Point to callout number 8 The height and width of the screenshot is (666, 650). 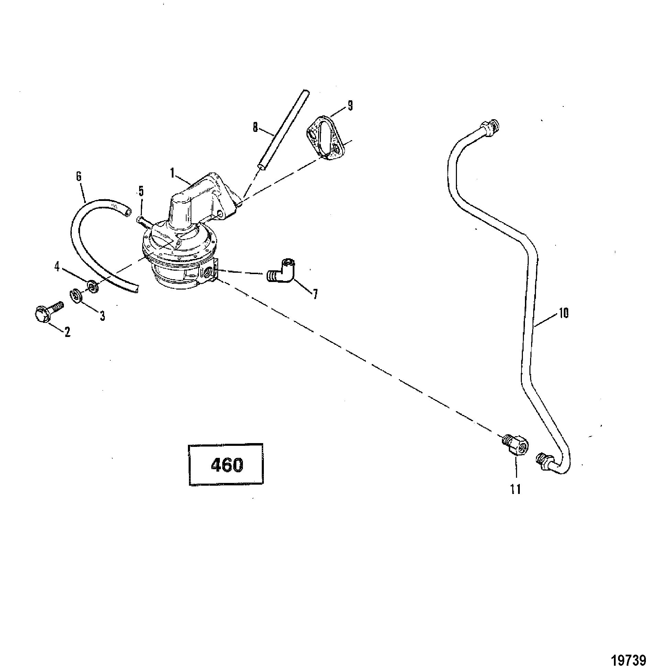255,128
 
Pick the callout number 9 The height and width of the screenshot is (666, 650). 350,105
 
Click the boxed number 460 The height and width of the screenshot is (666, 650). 226,465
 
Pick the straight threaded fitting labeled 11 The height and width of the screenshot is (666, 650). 515,446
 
